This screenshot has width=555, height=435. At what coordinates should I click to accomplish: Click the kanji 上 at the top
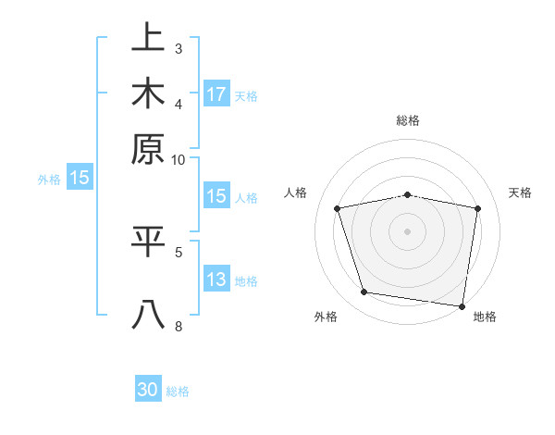tap(148, 39)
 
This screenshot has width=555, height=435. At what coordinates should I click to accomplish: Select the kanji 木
tap(148, 93)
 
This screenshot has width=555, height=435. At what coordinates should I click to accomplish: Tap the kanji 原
tap(148, 149)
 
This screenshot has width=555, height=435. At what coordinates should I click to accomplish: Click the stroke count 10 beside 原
tap(179, 159)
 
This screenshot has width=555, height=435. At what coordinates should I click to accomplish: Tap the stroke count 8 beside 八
tap(179, 325)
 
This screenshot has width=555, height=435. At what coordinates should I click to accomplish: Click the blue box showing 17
tap(216, 94)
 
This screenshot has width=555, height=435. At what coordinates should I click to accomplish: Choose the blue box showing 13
tap(216, 280)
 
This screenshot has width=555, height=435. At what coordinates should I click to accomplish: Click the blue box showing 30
tap(148, 391)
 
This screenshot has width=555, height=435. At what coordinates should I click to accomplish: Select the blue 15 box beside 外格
tap(80, 179)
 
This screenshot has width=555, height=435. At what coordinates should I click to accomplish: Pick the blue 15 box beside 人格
tap(216, 196)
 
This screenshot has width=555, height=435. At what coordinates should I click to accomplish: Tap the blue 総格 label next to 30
tap(178, 391)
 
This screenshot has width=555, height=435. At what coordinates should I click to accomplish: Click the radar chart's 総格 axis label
tap(408, 121)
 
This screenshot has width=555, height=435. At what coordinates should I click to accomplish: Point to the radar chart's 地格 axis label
tap(485, 317)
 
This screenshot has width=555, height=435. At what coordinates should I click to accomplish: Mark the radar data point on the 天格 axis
tap(478, 208)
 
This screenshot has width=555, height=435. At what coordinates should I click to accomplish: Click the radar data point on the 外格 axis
tap(364, 292)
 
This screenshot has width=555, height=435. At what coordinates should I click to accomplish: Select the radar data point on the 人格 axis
tap(338, 208)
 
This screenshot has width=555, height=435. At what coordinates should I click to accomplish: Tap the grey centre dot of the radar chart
tap(408, 231)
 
